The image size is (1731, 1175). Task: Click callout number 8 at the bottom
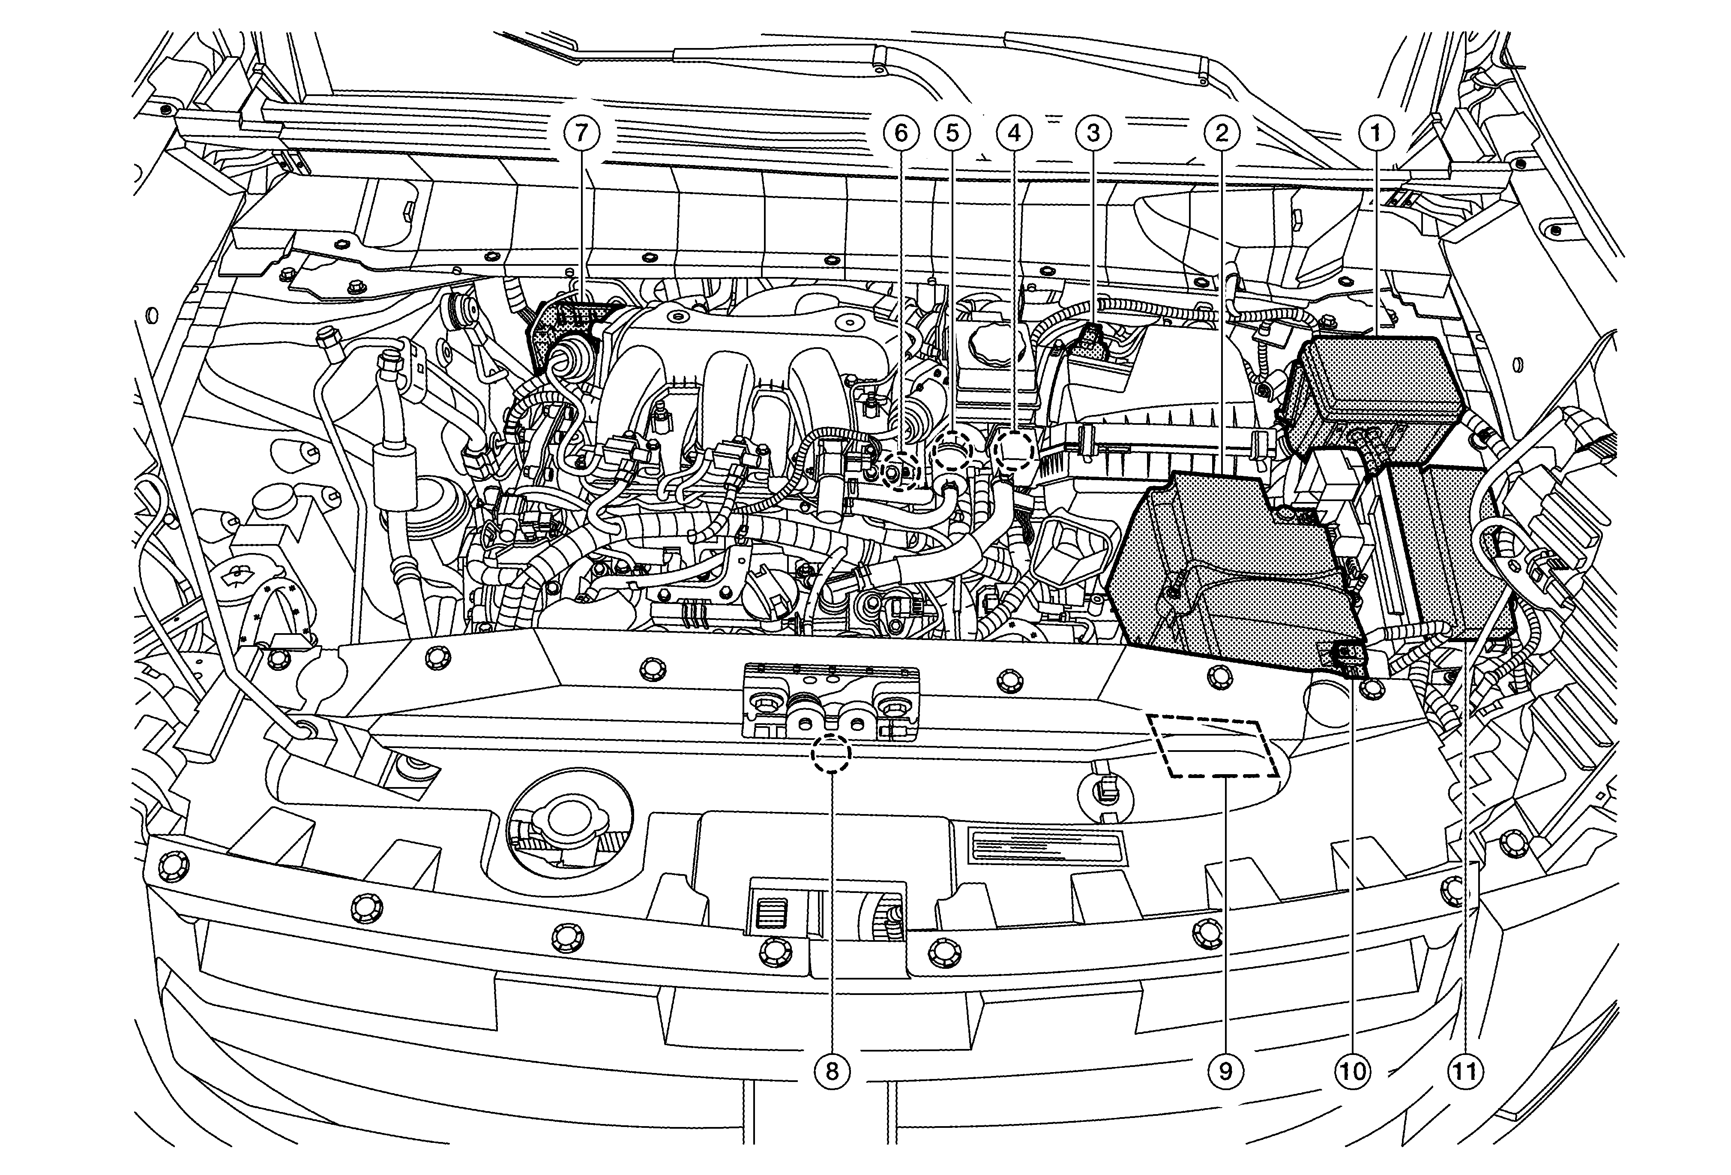(x=831, y=1071)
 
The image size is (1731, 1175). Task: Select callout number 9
(x=1225, y=1071)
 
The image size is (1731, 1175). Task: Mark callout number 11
(x=1464, y=1071)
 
